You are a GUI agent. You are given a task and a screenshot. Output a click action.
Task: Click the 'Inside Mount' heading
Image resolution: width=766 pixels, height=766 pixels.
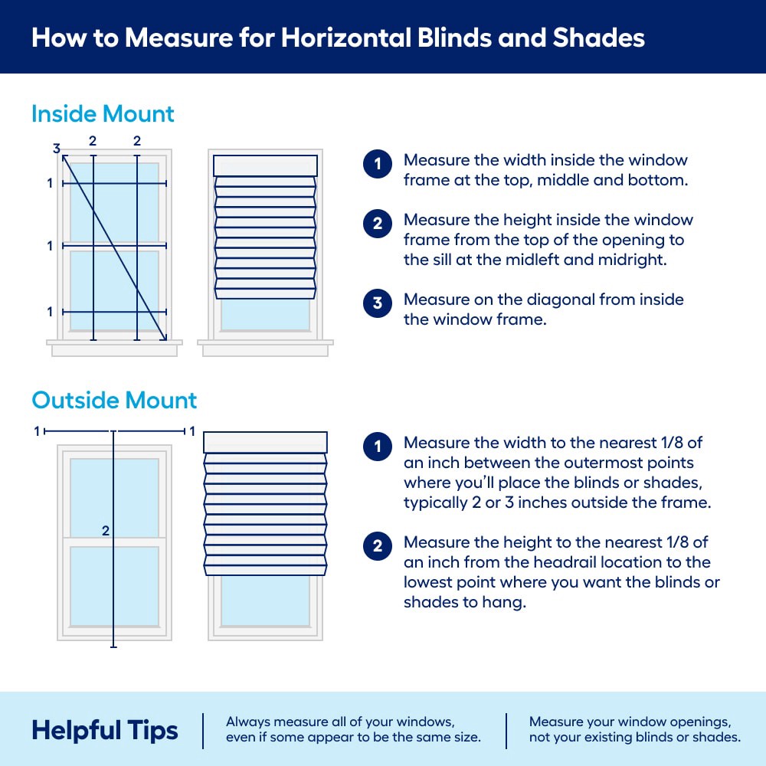click(x=103, y=114)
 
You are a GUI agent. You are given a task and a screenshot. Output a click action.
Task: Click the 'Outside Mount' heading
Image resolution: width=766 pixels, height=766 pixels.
click(x=114, y=400)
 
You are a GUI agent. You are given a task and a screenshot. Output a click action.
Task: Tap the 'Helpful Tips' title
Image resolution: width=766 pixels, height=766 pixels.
click(x=104, y=730)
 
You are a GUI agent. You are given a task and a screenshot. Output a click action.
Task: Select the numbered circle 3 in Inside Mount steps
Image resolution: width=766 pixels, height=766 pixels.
click(x=377, y=303)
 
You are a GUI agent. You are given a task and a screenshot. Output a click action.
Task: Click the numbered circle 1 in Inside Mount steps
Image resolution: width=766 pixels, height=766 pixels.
click(x=377, y=165)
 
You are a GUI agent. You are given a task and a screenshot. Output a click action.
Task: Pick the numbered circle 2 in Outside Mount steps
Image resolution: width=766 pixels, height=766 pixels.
click(x=377, y=546)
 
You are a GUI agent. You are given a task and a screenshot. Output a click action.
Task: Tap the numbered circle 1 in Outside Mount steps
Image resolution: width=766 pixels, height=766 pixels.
click(x=377, y=447)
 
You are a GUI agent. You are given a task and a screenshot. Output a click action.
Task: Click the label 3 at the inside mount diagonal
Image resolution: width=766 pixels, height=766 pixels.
click(x=56, y=149)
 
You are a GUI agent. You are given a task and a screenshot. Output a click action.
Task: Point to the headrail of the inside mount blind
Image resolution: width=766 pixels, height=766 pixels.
click(x=264, y=166)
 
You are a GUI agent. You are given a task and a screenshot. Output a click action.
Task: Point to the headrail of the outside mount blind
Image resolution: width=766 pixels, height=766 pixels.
click(x=265, y=442)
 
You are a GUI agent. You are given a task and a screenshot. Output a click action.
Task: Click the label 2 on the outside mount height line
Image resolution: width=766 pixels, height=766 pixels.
click(x=106, y=530)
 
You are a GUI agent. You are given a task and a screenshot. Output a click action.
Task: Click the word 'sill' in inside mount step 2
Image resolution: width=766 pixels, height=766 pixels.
click(x=417, y=260)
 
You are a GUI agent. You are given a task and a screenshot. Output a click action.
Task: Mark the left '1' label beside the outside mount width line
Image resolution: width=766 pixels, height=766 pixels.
click(x=36, y=431)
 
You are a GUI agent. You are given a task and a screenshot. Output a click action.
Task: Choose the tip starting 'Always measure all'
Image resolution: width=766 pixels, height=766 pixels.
click(x=353, y=730)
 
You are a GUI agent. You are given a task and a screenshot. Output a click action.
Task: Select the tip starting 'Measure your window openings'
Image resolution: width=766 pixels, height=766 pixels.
click(x=634, y=730)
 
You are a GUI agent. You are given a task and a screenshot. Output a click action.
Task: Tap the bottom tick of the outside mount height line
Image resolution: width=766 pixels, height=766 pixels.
click(x=113, y=647)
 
